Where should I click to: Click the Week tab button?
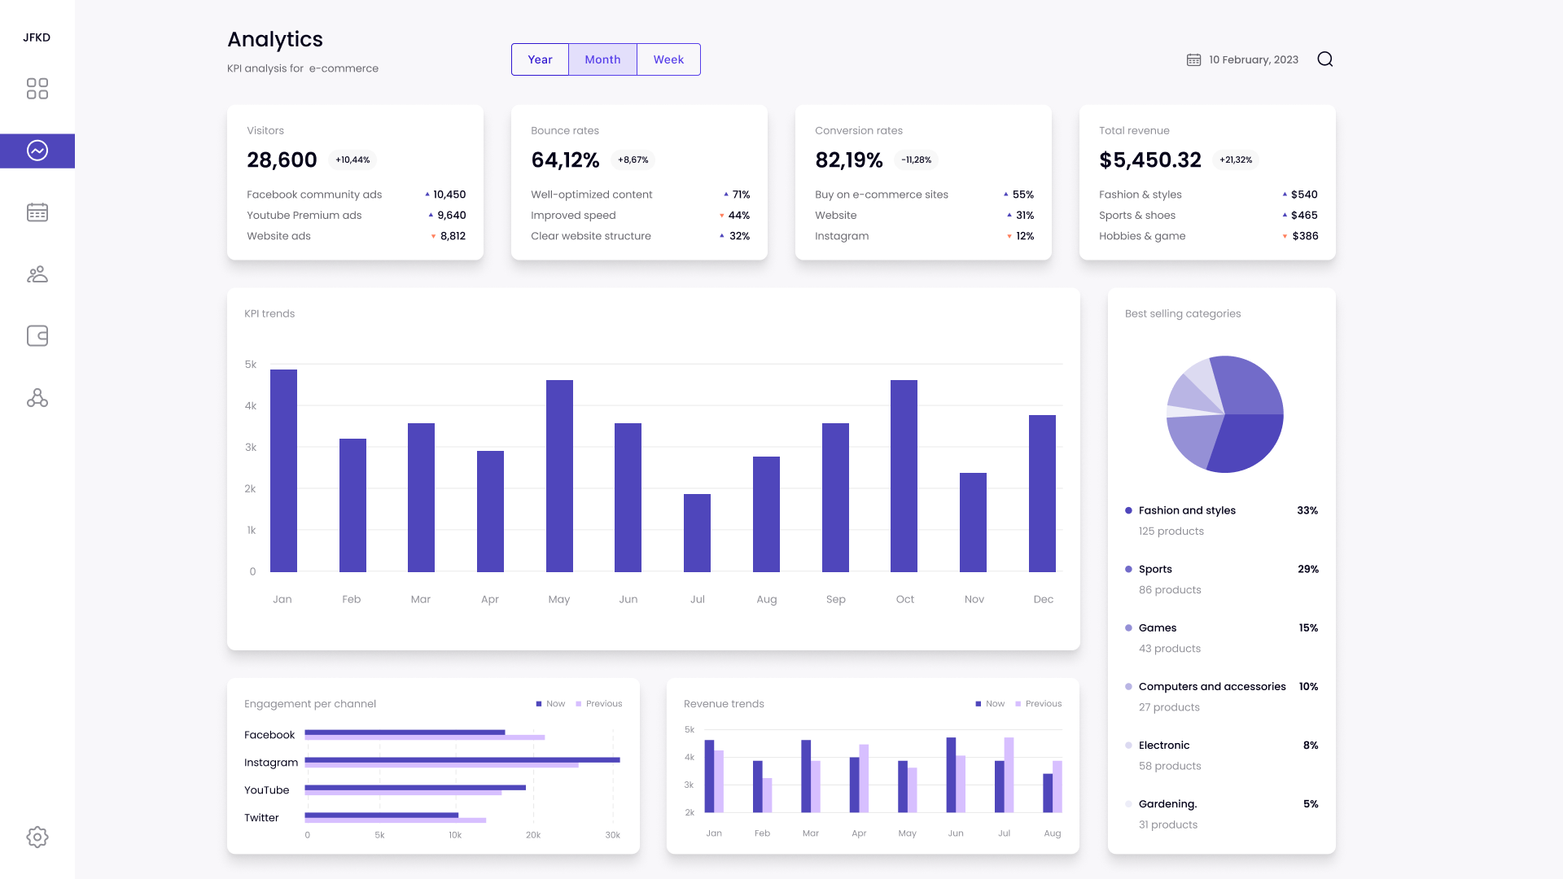point(668,59)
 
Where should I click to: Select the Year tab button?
point(540,59)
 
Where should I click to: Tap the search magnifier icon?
point(1324,59)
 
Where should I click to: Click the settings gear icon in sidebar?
point(37,837)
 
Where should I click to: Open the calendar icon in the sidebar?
point(37,212)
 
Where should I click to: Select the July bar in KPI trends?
point(697,533)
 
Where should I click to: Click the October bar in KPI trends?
point(904,476)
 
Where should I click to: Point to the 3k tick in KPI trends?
point(251,448)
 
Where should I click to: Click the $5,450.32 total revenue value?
point(1149,160)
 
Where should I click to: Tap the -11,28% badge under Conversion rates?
point(916,160)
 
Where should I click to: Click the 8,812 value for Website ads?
point(453,236)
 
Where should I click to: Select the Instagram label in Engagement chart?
point(271,763)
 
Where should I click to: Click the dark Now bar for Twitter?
point(381,815)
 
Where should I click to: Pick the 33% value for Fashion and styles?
point(1307,510)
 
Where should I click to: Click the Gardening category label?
point(1167,804)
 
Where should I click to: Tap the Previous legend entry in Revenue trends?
point(1043,704)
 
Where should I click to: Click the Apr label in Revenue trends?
point(859,833)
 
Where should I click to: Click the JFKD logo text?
point(37,37)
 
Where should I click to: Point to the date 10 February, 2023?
point(1253,59)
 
